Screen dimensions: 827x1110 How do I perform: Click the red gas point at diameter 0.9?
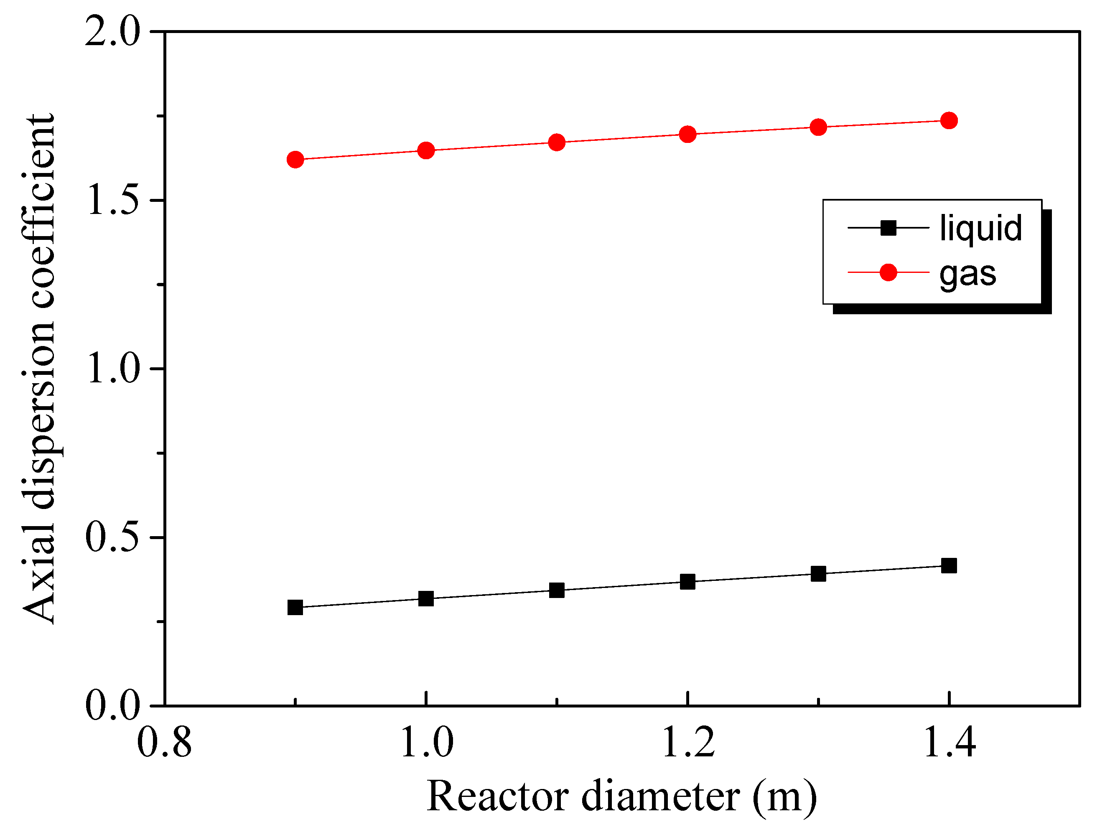(295, 160)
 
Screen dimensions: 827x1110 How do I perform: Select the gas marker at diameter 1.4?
(949, 121)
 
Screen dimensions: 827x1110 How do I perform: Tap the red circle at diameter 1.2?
(687, 134)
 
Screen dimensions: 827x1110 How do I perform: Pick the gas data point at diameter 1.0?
(425, 150)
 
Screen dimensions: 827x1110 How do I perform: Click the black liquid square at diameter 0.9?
(295, 607)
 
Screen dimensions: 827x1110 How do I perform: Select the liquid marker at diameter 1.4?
(949, 566)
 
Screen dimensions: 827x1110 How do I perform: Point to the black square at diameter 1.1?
(556, 590)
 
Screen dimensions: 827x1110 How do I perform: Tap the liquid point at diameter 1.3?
(818, 574)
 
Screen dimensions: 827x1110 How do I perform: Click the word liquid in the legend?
(980, 228)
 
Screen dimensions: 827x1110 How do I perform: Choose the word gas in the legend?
(967, 274)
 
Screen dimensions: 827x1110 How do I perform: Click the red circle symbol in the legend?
(888, 272)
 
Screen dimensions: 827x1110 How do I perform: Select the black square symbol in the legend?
(888, 228)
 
